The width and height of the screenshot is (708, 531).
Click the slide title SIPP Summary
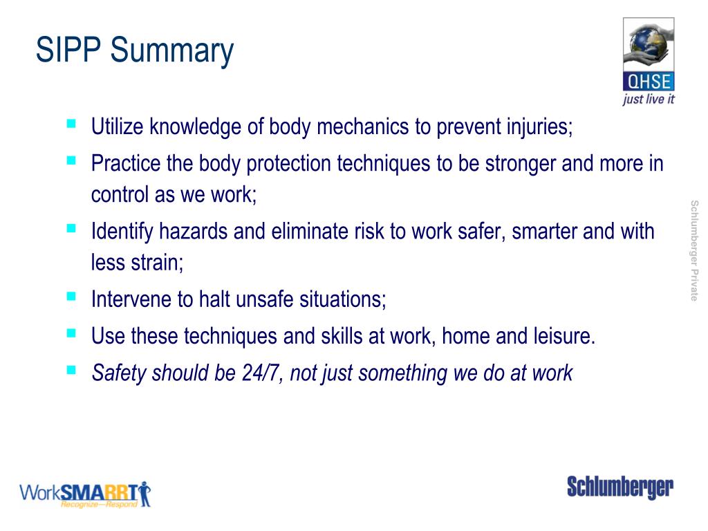(135, 51)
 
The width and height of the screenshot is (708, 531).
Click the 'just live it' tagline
(649, 99)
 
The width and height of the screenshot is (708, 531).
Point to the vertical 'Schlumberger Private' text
(693, 250)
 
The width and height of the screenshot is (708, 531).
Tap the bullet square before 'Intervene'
(71, 297)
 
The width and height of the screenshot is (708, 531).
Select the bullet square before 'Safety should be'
(71, 369)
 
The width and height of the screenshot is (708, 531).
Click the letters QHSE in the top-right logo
(649, 82)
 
